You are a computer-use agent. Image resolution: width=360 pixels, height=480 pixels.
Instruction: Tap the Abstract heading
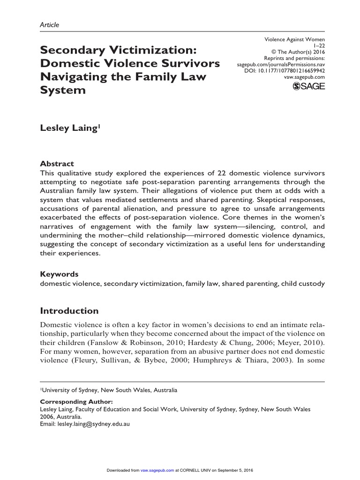[57, 164]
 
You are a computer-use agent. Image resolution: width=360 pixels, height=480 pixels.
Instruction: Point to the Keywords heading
[59, 274]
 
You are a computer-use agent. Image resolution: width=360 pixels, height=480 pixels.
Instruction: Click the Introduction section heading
[69, 311]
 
